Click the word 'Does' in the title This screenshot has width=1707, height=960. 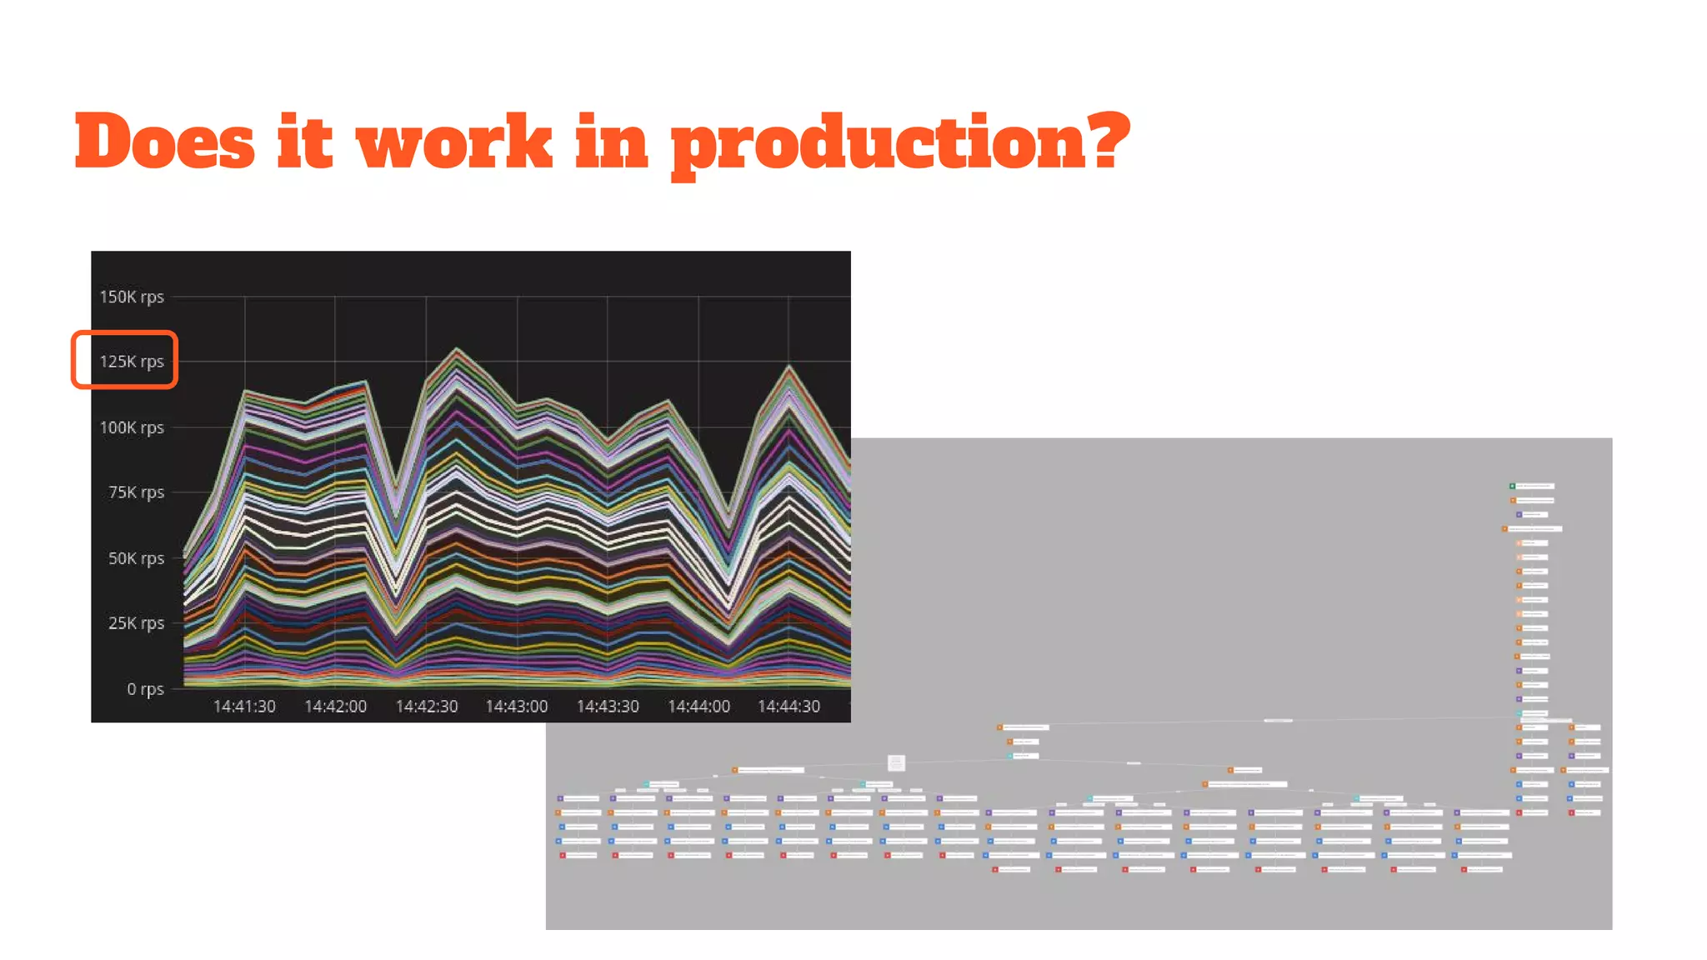pyautogui.click(x=164, y=142)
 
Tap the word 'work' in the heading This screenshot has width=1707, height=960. pyautogui.click(x=454, y=142)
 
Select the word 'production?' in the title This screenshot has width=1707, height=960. pyautogui.click(x=900, y=143)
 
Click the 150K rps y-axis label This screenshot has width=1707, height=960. pyautogui.click(x=132, y=297)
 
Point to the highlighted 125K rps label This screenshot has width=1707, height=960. pyautogui.click(x=132, y=362)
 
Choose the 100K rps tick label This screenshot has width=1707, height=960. pyautogui.click(x=132, y=427)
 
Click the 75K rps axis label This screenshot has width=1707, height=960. pyautogui.click(x=136, y=492)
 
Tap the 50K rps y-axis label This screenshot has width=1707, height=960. pyautogui.click(x=136, y=558)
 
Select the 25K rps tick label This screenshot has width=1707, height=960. pyautogui.click(x=136, y=623)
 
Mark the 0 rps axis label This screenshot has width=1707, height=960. pyautogui.click(x=145, y=689)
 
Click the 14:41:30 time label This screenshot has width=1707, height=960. pyautogui.click(x=244, y=707)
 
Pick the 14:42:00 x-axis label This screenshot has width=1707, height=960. pyautogui.click(x=335, y=707)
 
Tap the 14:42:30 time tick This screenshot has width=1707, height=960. pyautogui.click(x=426, y=707)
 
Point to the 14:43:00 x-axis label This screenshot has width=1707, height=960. pyautogui.click(x=517, y=707)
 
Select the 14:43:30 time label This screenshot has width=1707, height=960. pyautogui.click(x=608, y=707)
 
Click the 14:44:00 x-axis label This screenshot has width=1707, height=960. pyautogui.click(x=698, y=707)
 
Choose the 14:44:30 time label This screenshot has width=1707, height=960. pyautogui.click(x=788, y=707)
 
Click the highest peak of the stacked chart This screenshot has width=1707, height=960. pyautogui.click(x=457, y=349)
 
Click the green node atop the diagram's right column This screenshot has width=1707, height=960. pyautogui.click(x=1512, y=486)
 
